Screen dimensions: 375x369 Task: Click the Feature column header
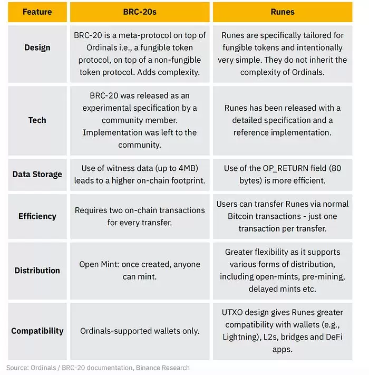(37, 12)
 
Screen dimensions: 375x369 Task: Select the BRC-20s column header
(139, 12)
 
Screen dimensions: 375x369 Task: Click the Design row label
(37, 47)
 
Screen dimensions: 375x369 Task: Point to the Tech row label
(37, 120)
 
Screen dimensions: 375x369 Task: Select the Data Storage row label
(37, 174)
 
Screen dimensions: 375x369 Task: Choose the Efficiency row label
(37, 216)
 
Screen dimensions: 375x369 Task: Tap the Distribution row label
(37, 271)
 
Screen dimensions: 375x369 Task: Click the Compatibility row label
(37, 331)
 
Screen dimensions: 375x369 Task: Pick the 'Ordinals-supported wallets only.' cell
(139, 331)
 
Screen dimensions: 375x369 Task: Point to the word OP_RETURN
(279, 168)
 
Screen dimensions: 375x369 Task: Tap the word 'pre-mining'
(321, 276)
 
